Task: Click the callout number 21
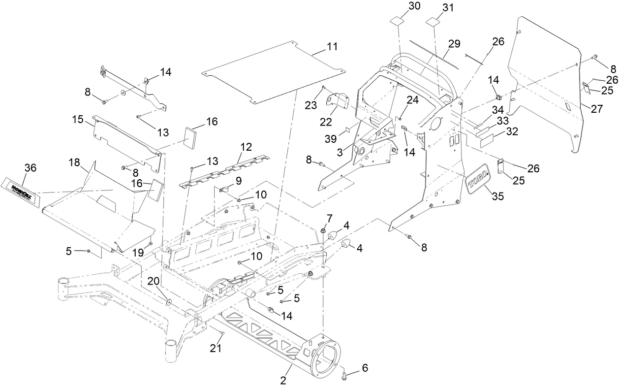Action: coord(216,348)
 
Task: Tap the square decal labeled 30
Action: coord(397,23)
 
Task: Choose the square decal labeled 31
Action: coord(433,23)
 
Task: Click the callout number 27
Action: coord(596,109)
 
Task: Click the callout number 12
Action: coord(246,146)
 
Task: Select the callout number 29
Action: coord(454,44)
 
